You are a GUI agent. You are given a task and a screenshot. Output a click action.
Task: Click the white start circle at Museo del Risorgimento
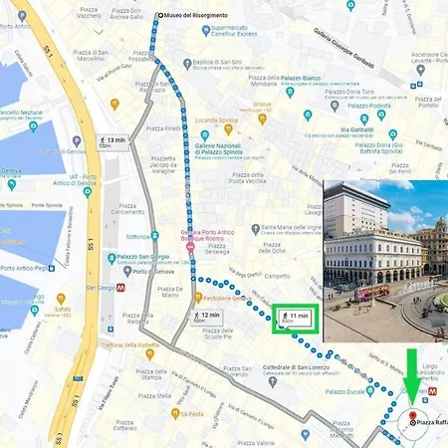point(159,16)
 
